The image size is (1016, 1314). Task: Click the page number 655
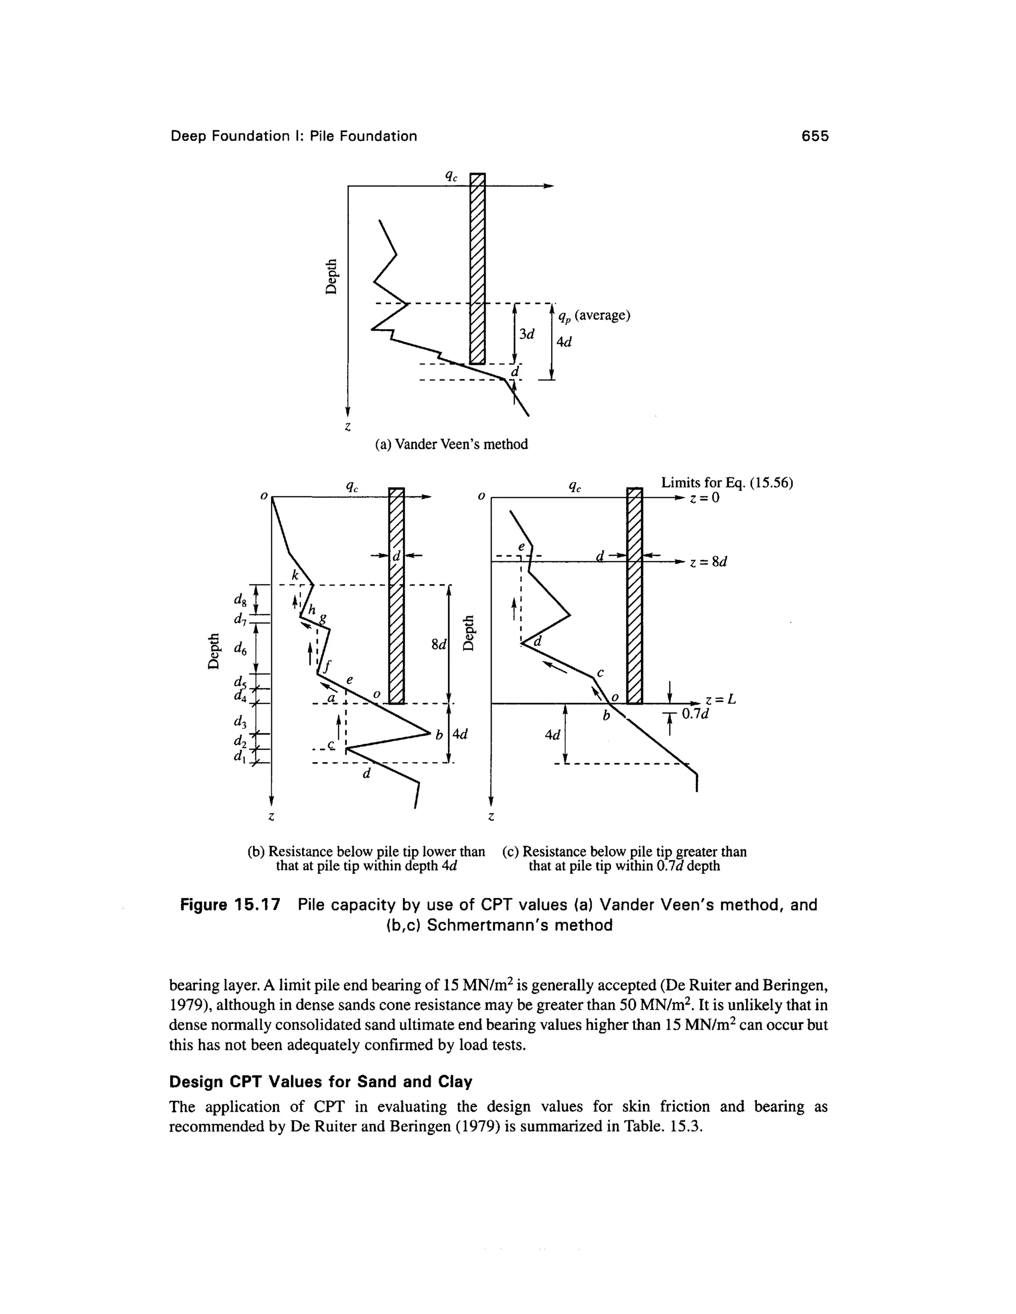815,136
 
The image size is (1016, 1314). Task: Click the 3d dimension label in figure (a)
527,334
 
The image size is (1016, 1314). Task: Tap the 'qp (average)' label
593,316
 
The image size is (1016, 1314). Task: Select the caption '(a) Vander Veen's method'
451,444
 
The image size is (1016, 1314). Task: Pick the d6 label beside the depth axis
240,648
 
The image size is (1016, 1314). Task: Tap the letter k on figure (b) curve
295,575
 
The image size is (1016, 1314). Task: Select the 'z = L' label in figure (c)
720,700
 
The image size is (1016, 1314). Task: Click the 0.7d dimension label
695,714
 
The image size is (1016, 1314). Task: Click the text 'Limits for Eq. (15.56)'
727,482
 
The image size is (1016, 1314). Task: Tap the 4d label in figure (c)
552,735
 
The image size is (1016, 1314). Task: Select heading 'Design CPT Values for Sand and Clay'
320,1082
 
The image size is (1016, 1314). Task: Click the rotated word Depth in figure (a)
330,276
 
